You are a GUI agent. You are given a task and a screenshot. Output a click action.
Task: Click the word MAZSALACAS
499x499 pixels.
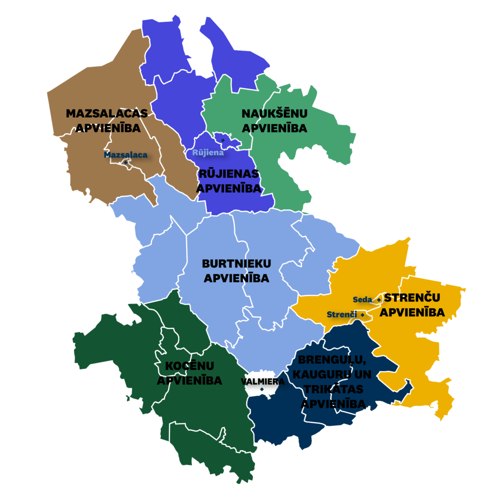tap(107, 114)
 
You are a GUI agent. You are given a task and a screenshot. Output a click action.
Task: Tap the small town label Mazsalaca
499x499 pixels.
tap(126, 154)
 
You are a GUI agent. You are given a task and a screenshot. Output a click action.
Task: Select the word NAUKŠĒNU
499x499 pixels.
tap(275, 114)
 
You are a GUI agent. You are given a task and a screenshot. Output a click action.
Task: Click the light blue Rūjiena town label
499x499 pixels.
tap(208, 152)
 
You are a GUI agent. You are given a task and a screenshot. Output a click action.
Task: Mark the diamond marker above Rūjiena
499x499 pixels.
tap(223, 140)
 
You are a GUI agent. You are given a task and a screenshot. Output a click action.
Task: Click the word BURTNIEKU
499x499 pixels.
tap(236, 264)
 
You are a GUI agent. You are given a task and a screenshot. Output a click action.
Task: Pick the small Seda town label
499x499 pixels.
tap(363, 299)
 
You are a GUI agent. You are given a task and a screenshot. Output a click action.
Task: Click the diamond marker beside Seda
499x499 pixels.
tap(379, 299)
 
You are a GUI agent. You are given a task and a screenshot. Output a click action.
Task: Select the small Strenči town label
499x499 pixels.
tap(342, 314)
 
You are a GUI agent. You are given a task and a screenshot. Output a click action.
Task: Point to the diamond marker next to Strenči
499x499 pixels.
tap(362, 314)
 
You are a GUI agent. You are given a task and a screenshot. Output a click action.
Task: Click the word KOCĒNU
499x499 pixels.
tap(190, 365)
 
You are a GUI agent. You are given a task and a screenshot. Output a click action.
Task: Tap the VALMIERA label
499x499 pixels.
tap(263, 382)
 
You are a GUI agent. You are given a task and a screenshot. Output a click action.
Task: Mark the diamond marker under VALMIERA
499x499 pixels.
tap(262, 389)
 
